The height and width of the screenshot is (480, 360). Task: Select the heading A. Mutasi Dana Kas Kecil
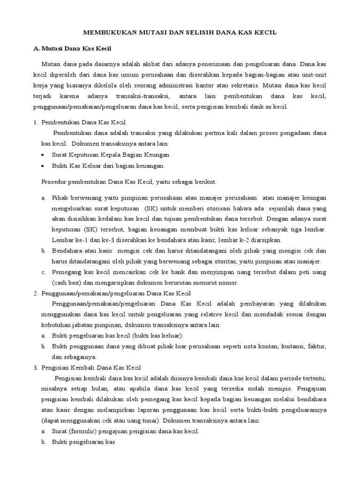[x=76, y=48]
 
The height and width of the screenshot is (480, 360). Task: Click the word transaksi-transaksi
[x=148, y=96]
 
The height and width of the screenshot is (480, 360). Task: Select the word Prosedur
[x=50, y=181]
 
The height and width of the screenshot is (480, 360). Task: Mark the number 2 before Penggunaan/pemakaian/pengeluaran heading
[x=35, y=293]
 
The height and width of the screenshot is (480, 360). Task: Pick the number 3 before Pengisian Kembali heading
[x=35, y=367]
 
